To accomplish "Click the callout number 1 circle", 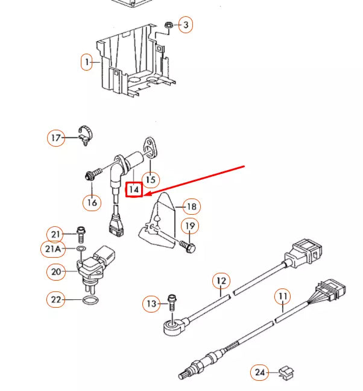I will tap(87, 62).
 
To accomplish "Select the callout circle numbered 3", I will tap(186, 25).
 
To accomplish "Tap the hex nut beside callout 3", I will tap(169, 25).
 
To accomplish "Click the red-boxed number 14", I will tap(134, 189).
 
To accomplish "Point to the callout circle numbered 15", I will tap(151, 179).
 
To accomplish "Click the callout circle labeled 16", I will tap(92, 202).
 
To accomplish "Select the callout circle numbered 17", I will tap(56, 138).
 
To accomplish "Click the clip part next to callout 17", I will tap(86, 135).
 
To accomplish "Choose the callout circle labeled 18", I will tap(191, 207).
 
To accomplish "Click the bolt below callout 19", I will tap(188, 246).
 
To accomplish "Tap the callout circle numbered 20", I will tap(56, 273).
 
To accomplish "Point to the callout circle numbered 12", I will tap(221, 281).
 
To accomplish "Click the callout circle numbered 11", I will tap(282, 296).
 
